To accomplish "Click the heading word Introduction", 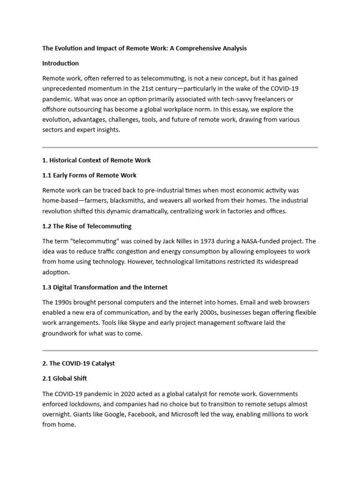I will tap(60, 63).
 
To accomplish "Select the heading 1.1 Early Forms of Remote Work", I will tap(89, 175).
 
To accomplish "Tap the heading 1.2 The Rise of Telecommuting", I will tap(87, 226).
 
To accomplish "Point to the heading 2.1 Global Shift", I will tap(64, 378).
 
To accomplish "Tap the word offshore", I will tap(54, 109).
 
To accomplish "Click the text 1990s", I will tap(65, 302).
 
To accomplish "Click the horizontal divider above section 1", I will tap(180, 147).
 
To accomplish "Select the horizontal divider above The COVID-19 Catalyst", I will tap(180, 350).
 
